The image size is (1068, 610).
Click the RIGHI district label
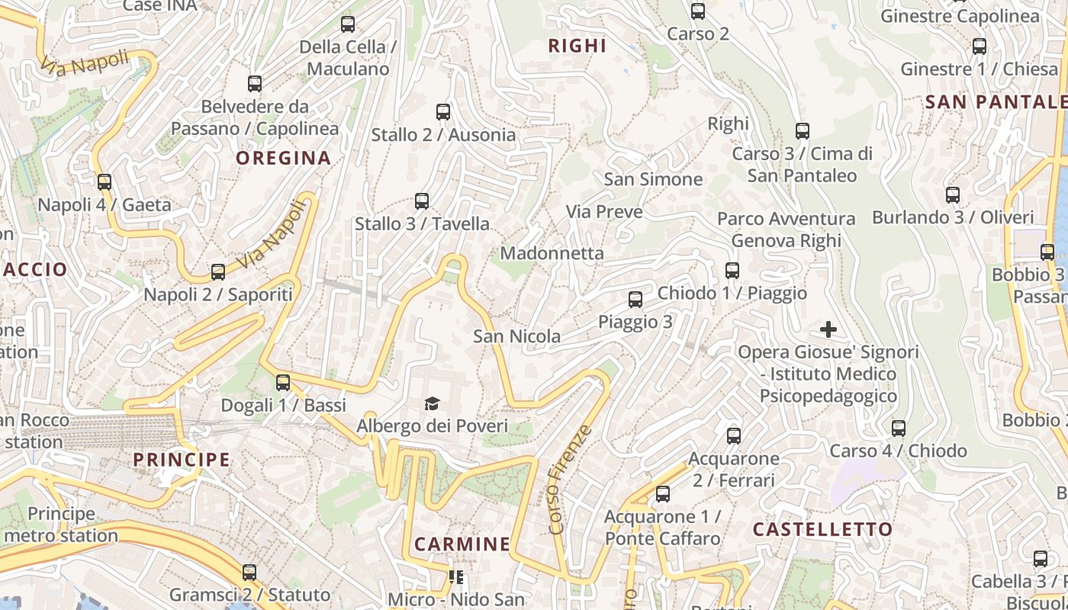pos(577,46)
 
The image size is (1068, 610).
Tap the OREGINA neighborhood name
pos(283,158)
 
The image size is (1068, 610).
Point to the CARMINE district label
pos(462,544)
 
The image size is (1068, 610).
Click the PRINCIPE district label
pos(182,459)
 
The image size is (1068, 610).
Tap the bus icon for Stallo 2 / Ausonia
pos(443,112)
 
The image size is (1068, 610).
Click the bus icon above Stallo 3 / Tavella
pos(422,201)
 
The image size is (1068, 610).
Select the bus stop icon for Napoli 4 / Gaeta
pos(105,182)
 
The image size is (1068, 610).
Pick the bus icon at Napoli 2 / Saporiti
pos(218,272)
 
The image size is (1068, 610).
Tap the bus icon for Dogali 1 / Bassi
pos(283,383)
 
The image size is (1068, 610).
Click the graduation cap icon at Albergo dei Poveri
pos(433,403)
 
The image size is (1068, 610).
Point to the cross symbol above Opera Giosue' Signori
pos(828,329)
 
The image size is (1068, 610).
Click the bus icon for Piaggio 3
pos(635,300)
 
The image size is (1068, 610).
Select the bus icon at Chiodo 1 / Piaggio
pos(732,271)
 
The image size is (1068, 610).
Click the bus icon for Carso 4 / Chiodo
pos(899,429)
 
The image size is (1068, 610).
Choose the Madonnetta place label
pos(552,253)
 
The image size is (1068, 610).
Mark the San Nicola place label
pos(516,336)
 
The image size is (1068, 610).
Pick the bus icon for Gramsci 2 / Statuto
pos(249,573)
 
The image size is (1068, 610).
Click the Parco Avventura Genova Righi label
pos(786,230)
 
